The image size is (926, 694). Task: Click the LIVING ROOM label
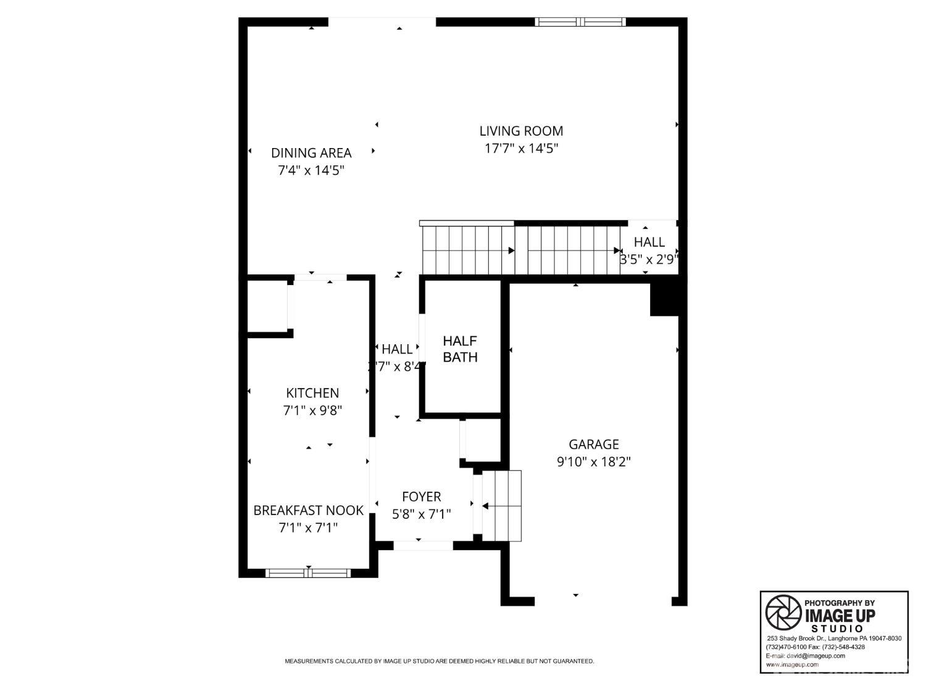pyautogui.click(x=521, y=131)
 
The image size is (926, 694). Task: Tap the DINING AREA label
pyautogui.click(x=311, y=152)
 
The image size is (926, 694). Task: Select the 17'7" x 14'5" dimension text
pyautogui.click(x=521, y=148)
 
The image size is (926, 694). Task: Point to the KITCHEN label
pyautogui.click(x=312, y=393)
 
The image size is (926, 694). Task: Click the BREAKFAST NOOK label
pyautogui.click(x=308, y=510)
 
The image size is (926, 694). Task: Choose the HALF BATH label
pyautogui.click(x=460, y=349)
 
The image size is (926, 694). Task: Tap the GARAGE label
pyautogui.click(x=593, y=444)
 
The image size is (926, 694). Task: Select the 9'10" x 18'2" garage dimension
pyautogui.click(x=593, y=461)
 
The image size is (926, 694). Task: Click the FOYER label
pyautogui.click(x=421, y=497)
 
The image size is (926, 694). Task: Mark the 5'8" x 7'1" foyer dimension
pyautogui.click(x=421, y=514)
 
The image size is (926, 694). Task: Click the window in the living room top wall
pyautogui.click(x=580, y=22)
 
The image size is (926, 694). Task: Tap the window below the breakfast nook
pyautogui.click(x=308, y=573)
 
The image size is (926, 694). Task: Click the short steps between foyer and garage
pyautogui.click(x=502, y=506)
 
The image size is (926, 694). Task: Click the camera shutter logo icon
pyautogui.click(x=783, y=613)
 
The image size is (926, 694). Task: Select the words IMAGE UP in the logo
pyautogui.click(x=840, y=616)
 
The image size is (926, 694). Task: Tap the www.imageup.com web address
pyautogui.click(x=793, y=664)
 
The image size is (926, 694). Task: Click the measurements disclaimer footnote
pyautogui.click(x=439, y=661)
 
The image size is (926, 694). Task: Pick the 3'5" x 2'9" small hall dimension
pyautogui.click(x=648, y=260)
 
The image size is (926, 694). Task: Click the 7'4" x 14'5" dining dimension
pyautogui.click(x=311, y=170)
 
